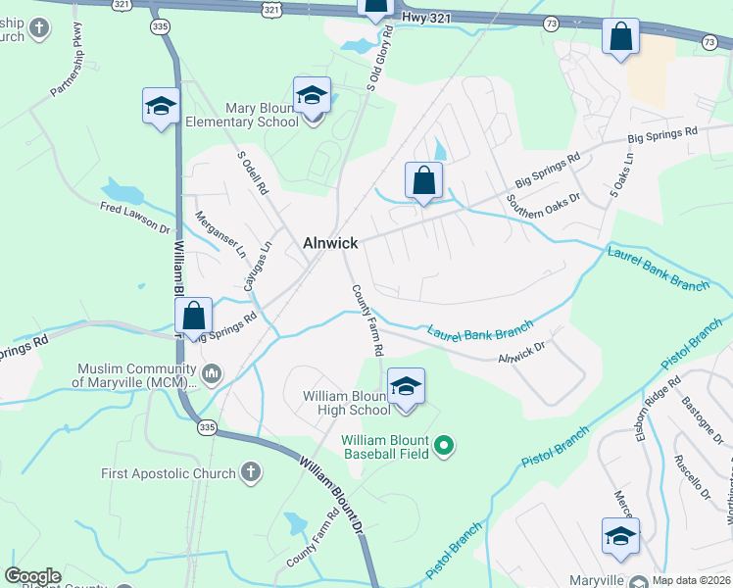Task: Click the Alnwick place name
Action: pos(330,243)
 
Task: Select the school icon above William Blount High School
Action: pos(405,386)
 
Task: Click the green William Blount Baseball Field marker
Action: pos(444,447)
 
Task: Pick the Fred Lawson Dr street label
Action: pos(134,218)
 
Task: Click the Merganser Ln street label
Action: pos(220,234)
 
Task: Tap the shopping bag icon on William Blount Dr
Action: pos(194,316)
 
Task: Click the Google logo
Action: pos(32,576)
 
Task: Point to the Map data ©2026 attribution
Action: pos(692,579)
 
